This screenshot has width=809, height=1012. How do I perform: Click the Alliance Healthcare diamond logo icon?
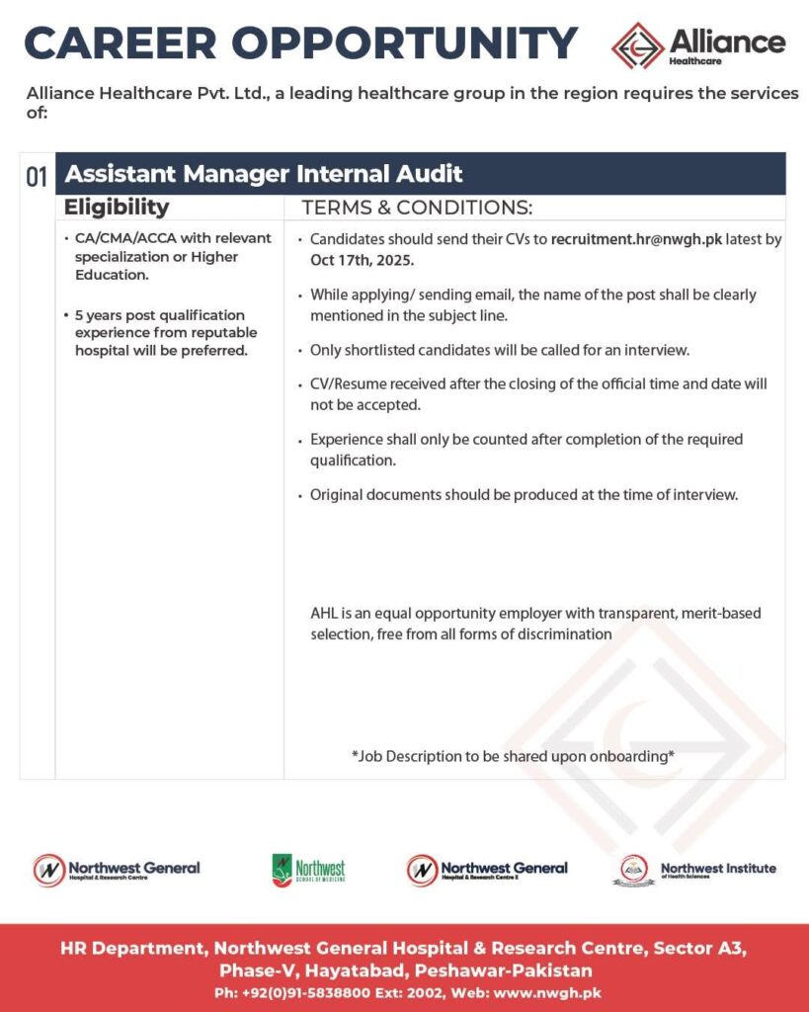click(637, 45)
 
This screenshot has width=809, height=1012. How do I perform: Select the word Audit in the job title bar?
click(431, 175)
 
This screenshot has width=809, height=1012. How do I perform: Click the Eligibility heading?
click(117, 208)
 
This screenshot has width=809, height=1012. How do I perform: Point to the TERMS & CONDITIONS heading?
click(417, 208)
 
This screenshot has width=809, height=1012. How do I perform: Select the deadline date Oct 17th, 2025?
click(363, 261)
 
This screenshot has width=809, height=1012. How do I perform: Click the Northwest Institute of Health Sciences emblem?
click(636, 870)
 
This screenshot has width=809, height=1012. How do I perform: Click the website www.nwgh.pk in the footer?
click(549, 992)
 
